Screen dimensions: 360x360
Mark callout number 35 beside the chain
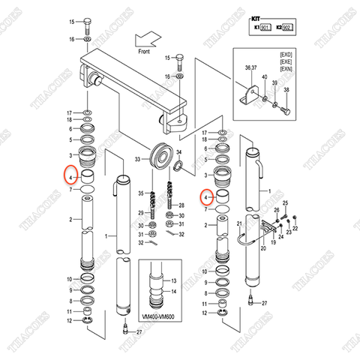point(139,194)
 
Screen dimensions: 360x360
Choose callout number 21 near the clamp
point(239,223)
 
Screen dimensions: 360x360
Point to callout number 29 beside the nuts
point(139,214)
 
